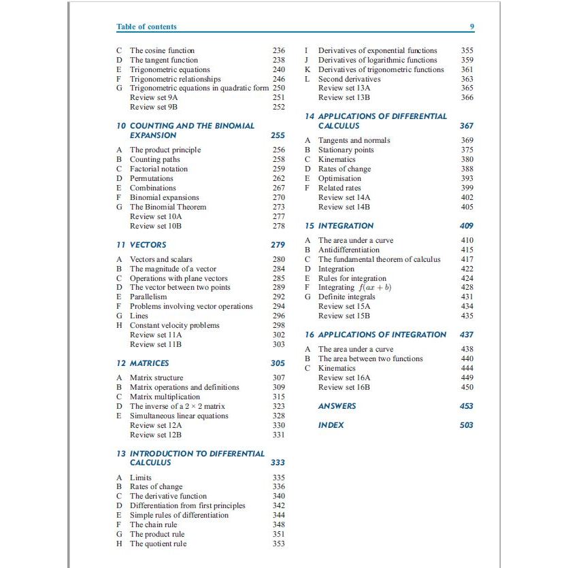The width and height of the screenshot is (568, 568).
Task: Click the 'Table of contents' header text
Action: [146, 27]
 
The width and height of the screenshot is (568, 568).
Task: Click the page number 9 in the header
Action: [472, 27]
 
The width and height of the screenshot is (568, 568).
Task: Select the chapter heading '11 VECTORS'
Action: [141, 244]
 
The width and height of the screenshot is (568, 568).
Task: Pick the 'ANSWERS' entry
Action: [337, 406]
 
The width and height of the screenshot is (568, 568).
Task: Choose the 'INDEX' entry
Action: [331, 425]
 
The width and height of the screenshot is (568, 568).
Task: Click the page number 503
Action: [466, 425]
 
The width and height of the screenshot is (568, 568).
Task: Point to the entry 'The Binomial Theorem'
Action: [168, 207]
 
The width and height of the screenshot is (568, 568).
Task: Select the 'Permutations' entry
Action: [152, 178]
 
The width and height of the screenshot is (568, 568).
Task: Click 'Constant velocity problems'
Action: [175, 325]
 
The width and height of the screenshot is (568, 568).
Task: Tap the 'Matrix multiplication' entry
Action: [165, 397]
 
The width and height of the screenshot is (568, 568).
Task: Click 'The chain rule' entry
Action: [154, 524]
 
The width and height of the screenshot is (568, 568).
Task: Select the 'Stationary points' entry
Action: [346, 150]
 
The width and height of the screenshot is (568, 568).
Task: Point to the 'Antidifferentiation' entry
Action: [349, 250]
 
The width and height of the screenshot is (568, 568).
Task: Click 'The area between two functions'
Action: [371, 358]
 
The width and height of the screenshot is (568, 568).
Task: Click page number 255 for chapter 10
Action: [278, 135]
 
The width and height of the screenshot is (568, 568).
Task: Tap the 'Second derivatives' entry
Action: [350, 79]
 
